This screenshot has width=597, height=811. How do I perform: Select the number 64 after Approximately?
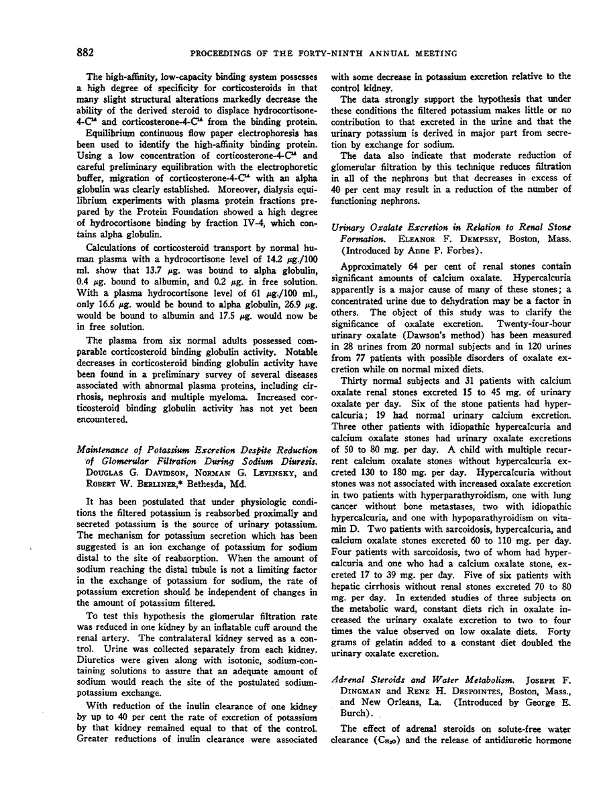point(402,271)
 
